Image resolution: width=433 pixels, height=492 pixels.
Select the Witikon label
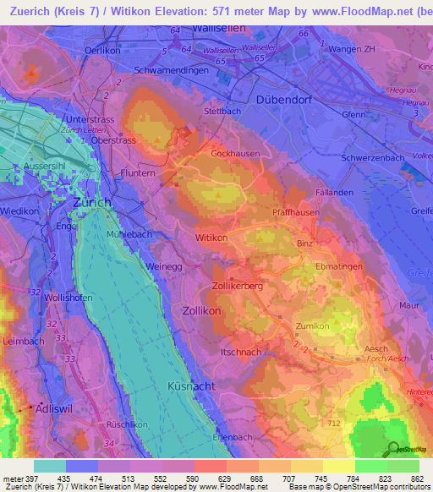tap(213, 239)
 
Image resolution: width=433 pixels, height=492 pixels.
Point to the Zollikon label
tap(201, 310)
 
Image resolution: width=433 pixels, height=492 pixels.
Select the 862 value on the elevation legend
tap(417, 478)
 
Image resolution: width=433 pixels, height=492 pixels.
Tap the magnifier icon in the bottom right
tap(392, 448)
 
